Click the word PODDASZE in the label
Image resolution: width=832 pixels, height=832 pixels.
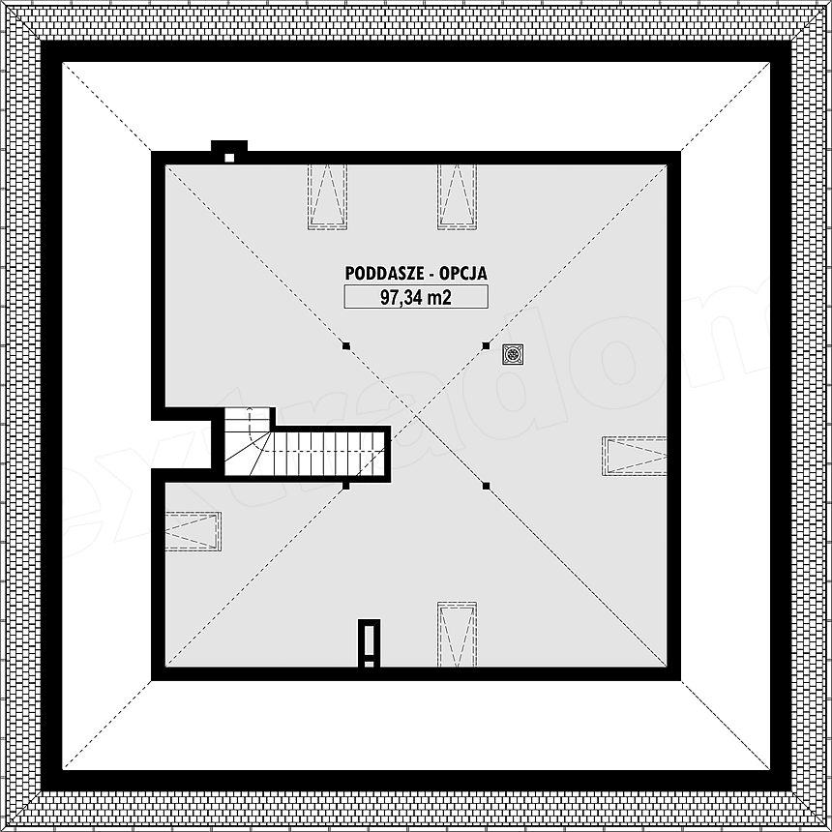(x=384, y=273)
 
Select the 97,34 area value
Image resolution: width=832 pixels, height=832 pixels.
(x=401, y=297)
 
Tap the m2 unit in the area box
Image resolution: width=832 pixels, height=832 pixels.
(x=439, y=297)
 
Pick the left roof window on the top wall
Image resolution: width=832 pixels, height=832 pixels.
(x=327, y=196)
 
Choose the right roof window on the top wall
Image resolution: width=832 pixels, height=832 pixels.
(x=457, y=196)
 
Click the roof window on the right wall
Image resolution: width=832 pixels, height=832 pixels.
(x=634, y=456)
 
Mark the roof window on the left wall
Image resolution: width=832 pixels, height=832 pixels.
(x=193, y=531)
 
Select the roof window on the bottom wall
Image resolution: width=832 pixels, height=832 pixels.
(x=457, y=634)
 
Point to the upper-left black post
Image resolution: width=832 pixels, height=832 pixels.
(x=346, y=346)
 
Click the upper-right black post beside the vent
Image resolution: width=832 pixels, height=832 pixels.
(x=486, y=346)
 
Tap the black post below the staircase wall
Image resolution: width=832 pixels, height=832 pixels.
(x=346, y=486)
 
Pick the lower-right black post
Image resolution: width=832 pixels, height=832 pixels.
(x=486, y=486)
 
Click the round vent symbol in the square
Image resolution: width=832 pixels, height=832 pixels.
(x=513, y=354)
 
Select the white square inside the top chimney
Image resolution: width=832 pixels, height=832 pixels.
(x=229, y=158)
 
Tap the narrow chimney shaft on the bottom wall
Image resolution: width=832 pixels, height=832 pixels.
(x=370, y=643)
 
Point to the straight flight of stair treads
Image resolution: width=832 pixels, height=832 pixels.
(x=327, y=454)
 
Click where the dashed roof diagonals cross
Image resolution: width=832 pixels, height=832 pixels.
(x=416, y=416)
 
